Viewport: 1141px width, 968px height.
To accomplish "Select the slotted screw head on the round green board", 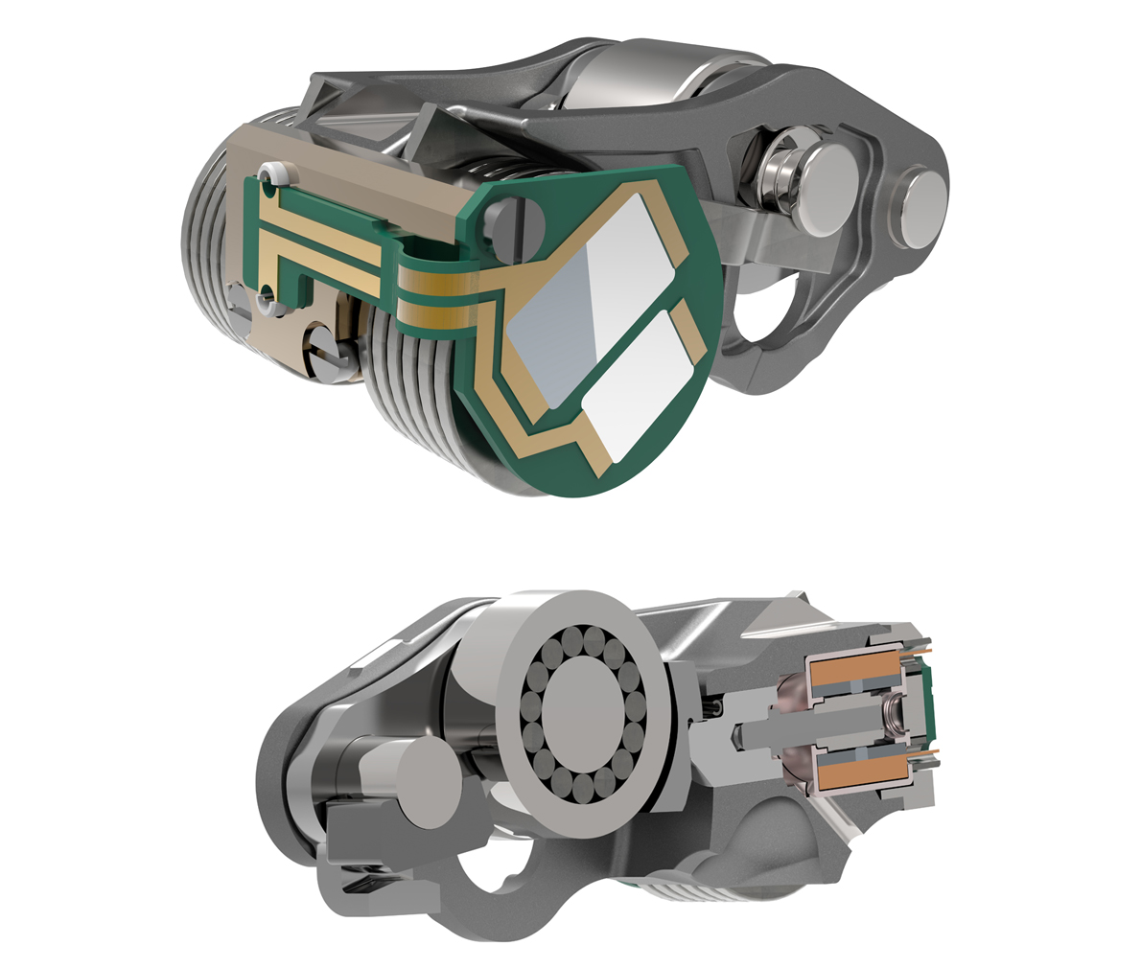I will (509, 222).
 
